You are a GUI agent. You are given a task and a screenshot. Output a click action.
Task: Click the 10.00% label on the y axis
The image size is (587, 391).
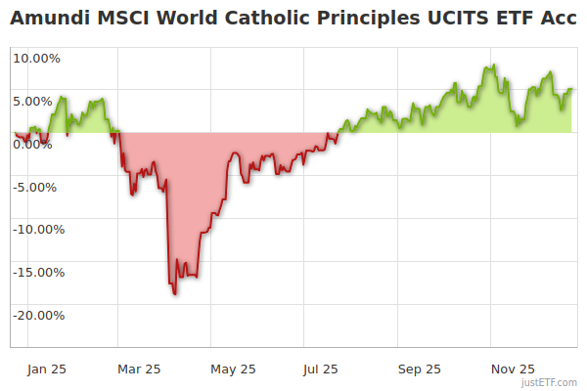pyautogui.click(x=36, y=58)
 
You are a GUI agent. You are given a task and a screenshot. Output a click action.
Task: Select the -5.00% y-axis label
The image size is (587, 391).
pyautogui.click(x=37, y=187)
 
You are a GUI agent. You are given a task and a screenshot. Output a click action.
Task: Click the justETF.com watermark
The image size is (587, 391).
pyautogui.click(x=549, y=383)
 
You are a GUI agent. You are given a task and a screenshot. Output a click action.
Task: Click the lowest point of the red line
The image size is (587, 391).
pyautogui.click(x=175, y=293)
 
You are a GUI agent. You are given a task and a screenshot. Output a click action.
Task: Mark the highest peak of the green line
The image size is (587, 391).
pyautogui.click(x=494, y=65)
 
